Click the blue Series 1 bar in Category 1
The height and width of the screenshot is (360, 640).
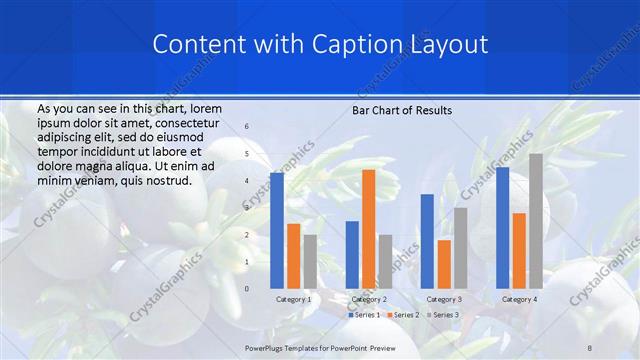277,230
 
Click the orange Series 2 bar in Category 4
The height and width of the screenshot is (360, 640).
519,250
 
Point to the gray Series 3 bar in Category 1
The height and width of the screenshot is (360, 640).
310,261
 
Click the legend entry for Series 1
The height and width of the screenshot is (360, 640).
363,315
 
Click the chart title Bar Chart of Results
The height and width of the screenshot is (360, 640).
402,110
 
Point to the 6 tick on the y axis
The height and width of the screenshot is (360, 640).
247,127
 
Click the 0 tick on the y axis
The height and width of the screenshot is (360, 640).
247,288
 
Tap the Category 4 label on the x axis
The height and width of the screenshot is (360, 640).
519,299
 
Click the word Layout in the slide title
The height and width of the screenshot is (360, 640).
449,45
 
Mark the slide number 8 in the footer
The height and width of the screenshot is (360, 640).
591,345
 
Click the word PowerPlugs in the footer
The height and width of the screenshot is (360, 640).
268,345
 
